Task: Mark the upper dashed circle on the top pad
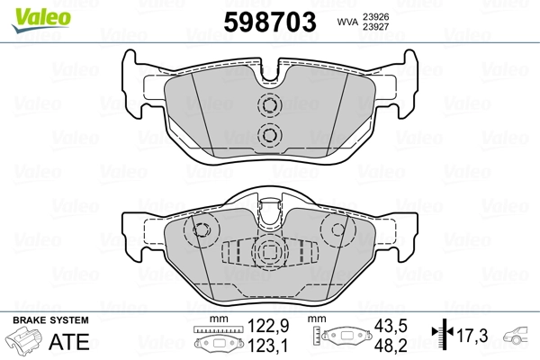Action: coord(269,106)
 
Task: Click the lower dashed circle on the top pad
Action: coord(269,135)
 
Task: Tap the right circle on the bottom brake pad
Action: coord(340,230)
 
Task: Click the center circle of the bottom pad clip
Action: coord(269,251)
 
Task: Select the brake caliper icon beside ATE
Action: coord(25,342)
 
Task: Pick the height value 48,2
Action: coord(391,346)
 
